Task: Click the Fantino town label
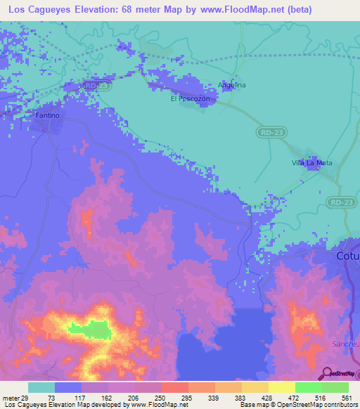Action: coord(48,115)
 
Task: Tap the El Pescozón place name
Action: coord(191,99)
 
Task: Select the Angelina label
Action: coord(232,85)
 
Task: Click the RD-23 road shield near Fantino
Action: coord(93,85)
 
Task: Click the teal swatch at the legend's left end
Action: coord(41,387)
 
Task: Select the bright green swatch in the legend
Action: coord(308,387)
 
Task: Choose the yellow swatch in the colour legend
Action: coord(281,387)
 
